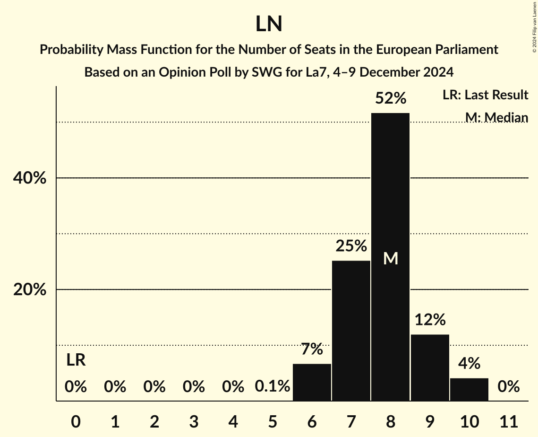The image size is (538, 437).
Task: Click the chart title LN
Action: pyautogui.click(x=269, y=24)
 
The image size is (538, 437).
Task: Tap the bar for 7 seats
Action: pyautogui.click(x=351, y=331)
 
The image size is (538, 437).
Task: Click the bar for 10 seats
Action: pyautogui.click(x=469, y=389)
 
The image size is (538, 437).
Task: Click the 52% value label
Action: pyautogui.click(x=390, y=98)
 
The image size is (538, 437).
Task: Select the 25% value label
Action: pyautogui.click(x=351, y=246)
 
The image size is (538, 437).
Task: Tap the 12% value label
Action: pyautogui.click(x=430, y=320)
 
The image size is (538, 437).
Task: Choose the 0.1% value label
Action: pyautogui.click(x=273, y=387)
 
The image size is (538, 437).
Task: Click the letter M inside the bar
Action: pyautogui.click(x=391, y=258)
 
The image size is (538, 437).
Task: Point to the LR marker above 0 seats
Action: pyautogui.click(x=76, y=360)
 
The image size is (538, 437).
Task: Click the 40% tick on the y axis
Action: pyautogui.click(x=30, y=178)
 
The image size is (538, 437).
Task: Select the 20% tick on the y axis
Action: pyautogui.click(x=30, y=290)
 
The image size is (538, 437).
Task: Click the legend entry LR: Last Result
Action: pyautogui.click(x=485, y=95)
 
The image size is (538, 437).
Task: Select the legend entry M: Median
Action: pyautogui.click(x=496, y=117)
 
